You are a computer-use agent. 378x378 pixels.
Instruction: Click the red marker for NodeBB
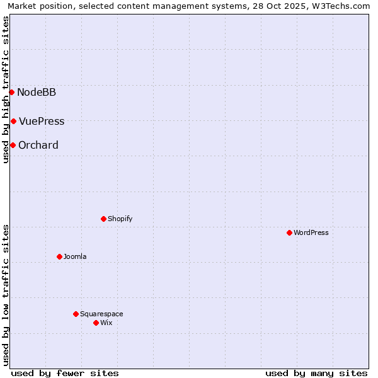point(11,93)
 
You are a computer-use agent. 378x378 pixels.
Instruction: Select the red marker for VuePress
point(13,121)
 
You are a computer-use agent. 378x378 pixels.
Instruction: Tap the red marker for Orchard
point(13,146)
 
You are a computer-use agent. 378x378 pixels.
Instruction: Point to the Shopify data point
point(103,219)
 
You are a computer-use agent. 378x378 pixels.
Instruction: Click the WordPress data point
point(289,233)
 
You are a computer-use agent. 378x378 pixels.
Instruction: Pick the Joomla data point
point(59,257)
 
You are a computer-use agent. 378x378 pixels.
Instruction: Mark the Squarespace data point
point(76,314)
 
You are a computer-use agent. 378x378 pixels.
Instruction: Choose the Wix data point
point(96,323)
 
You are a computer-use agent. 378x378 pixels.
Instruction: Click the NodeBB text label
point(37,93)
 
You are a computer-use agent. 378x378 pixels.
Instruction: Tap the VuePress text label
point(42,122)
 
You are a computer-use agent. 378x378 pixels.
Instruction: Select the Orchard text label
point(38,146)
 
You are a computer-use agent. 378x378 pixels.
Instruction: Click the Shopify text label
point(120,219)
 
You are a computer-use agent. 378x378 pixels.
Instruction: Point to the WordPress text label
point(311,233)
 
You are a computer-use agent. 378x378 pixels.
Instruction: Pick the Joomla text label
point(75,257)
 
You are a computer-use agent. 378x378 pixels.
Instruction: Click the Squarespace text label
point(101,314)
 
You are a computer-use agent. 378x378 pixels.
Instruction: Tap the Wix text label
point(106,323)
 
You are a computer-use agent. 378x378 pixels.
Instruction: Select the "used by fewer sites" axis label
point(65,373)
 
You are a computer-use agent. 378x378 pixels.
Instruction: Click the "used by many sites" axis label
point(316,373)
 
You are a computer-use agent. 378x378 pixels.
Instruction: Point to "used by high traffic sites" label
point(6,89)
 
